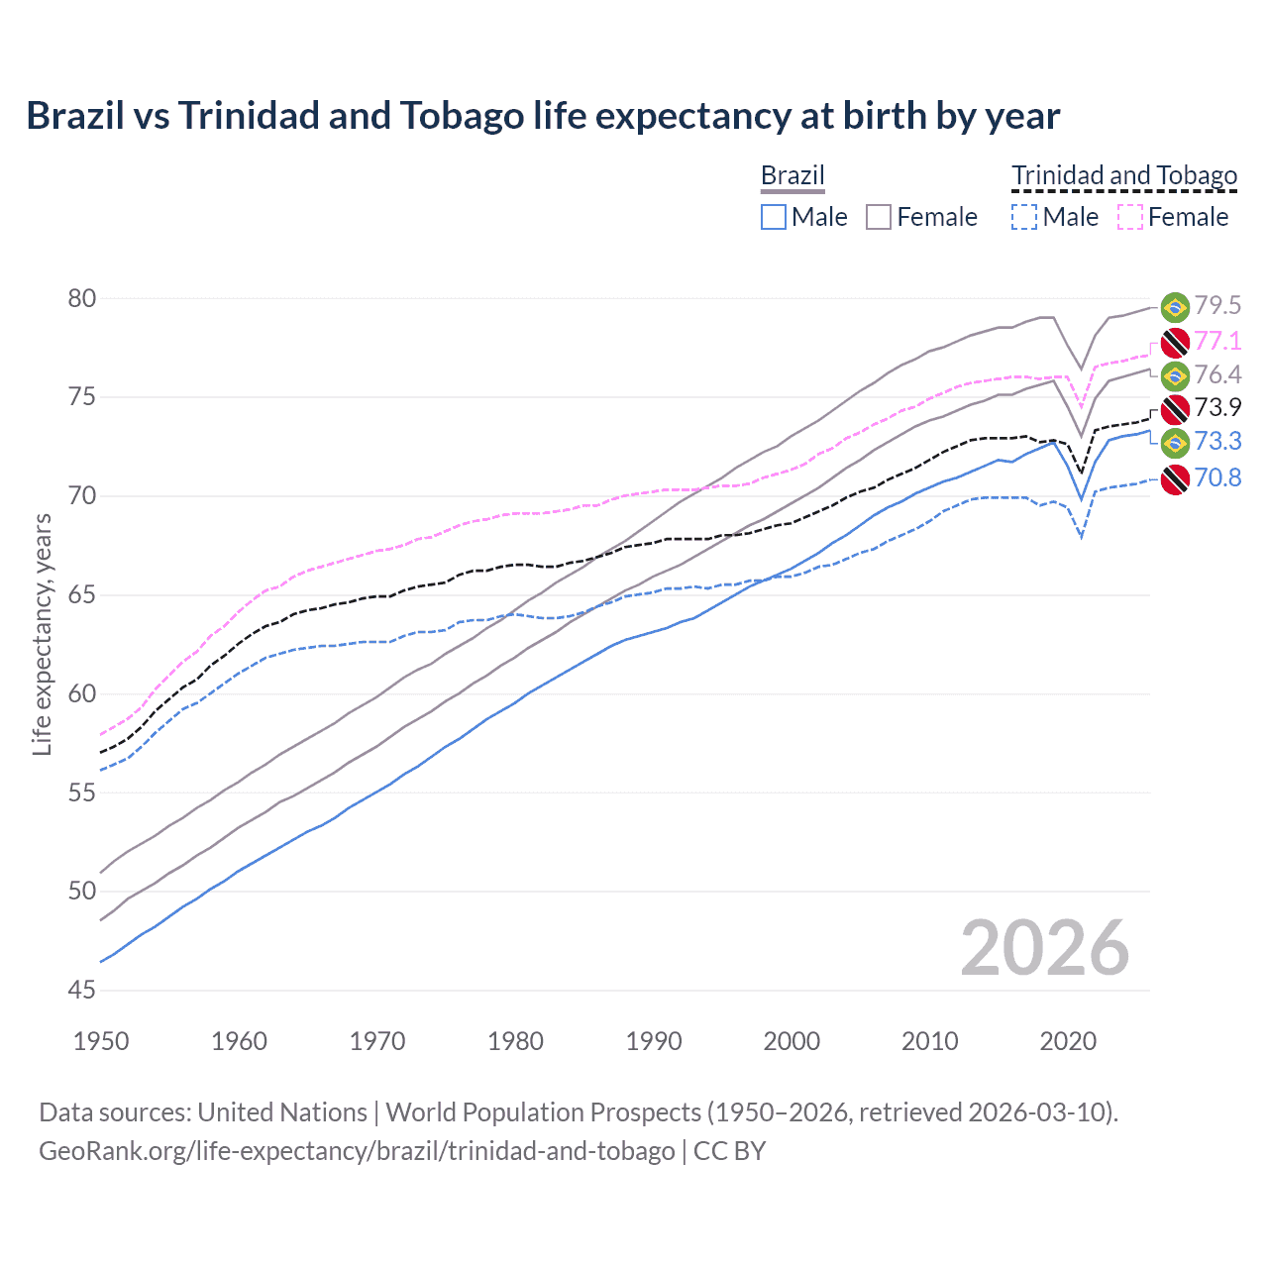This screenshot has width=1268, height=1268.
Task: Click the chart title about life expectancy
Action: click(x=543, y=116)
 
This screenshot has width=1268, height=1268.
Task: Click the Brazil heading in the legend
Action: click(x=792, y=175)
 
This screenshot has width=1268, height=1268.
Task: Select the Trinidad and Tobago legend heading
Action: click(x=1124, y=175)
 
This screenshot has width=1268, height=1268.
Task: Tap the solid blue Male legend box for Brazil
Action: click(x=774, y=217)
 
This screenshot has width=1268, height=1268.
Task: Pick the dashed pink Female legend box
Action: click(x=1130, y=217)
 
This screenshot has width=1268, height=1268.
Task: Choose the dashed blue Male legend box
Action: click(x=1024, y=217)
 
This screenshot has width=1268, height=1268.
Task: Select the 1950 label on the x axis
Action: click(x=101, y=1041)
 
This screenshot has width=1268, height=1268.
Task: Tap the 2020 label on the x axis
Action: click(x=1068, y=1041)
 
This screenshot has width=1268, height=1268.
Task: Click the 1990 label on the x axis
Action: click(x=654, y=1041)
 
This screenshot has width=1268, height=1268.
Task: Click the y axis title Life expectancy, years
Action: click(x=42, y=634)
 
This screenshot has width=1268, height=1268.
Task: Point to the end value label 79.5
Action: click(x=1217, y=306)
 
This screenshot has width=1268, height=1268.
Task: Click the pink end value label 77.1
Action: click(x=1217, y=342)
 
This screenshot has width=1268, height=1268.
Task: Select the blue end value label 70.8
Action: click(x=1217, y=478)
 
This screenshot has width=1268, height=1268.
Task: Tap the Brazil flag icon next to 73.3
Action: click(x=1175, y=442)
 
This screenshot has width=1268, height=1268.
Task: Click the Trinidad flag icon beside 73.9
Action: click(x=1175, y=408)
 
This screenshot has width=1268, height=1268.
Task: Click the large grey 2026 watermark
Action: click(x=1044, y=949)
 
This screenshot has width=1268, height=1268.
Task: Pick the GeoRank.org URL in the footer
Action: click(x=357, y=1151)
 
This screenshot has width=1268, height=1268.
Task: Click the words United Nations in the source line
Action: click(x=282, y=1112)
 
